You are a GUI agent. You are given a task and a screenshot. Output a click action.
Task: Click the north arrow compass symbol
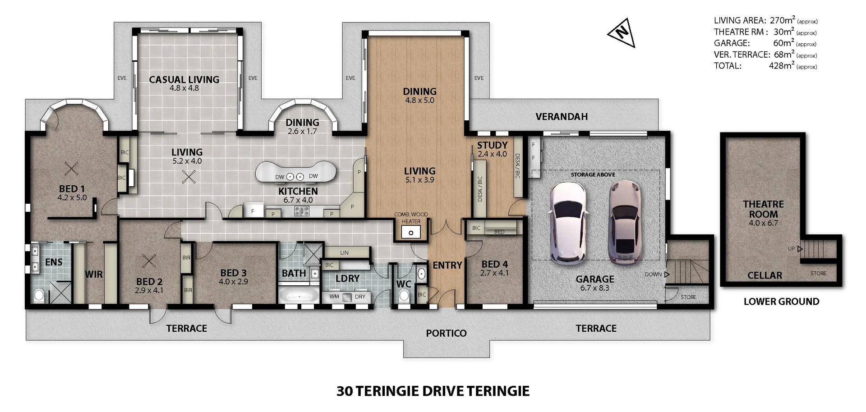pyautogui.click(x=622, y=32)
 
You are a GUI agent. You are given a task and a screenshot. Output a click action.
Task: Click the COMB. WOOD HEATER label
pyautogui.click(x=411, y=218)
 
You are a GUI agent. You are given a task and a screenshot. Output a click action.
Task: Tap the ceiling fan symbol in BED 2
pyautogui.click(x=149, y=261)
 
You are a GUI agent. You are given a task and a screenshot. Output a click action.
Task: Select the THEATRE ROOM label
pyautogui.click(x=763, y=209)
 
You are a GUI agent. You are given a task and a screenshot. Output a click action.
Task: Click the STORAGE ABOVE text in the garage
pyautogui.click(x=593, y=174)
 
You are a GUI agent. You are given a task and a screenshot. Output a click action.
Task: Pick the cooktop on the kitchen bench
pyautogui.click(x=301, y=211)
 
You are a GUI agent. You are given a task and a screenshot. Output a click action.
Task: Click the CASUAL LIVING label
pyautogui.click(x=184, y=80)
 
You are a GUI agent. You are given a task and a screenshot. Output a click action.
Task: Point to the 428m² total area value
pyautogui.click(x=782, y=66)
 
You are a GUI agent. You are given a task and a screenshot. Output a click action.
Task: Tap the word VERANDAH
pyautogui.click(x=561, y=117)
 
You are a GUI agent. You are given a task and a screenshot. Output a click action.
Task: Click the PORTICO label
pyautogui.click(x=446, y=333)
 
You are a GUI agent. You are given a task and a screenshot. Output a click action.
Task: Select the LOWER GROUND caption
pyautogui.click(x=781, y=302)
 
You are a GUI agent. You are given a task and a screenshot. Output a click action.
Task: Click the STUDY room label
pyautogui.click(x=492, y=145)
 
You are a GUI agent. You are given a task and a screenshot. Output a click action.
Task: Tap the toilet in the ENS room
pyautogui.click(x=39, y=295)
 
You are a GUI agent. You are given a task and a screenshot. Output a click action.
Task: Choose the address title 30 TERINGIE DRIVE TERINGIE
pyautogui.click(x=433, y=391)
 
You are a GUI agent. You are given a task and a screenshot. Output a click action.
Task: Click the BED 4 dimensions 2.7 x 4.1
pyautogui.click(x=494, y=273)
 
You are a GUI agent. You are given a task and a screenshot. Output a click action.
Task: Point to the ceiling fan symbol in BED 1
pyautogui.click(x=71, y=169)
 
